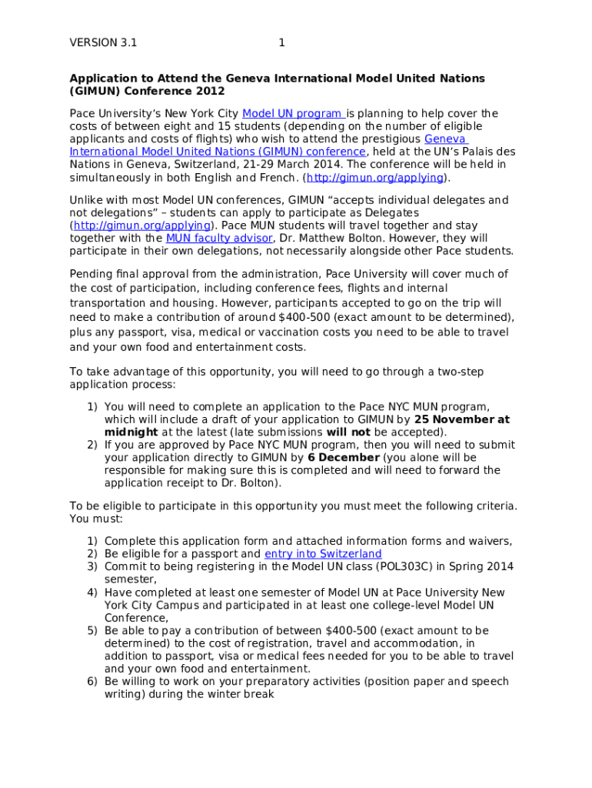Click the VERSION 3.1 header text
pos(103,43)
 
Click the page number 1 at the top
pos(281,43)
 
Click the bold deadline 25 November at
pos(461,419)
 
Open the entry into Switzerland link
pos(323,554)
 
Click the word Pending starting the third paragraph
pos(91,274)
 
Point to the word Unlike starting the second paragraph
pos(87,201)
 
